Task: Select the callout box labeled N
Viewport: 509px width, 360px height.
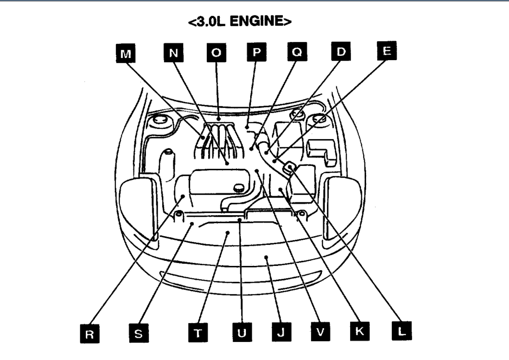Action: [x=173, y=53]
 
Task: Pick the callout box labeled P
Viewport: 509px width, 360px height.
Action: [x=256, y=53]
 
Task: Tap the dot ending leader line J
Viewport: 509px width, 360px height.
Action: [x=267, y=258]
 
